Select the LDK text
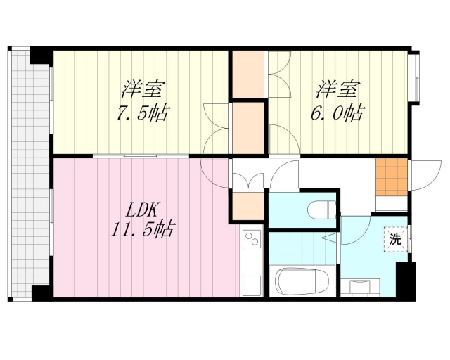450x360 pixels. point(144,209)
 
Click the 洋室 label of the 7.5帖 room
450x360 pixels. point(143,90)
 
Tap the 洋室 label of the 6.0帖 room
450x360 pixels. point(337,90)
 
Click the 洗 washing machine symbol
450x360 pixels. point(395,238)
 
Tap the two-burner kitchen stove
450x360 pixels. point(251,240)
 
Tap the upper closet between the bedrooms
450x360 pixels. point(247,73)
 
